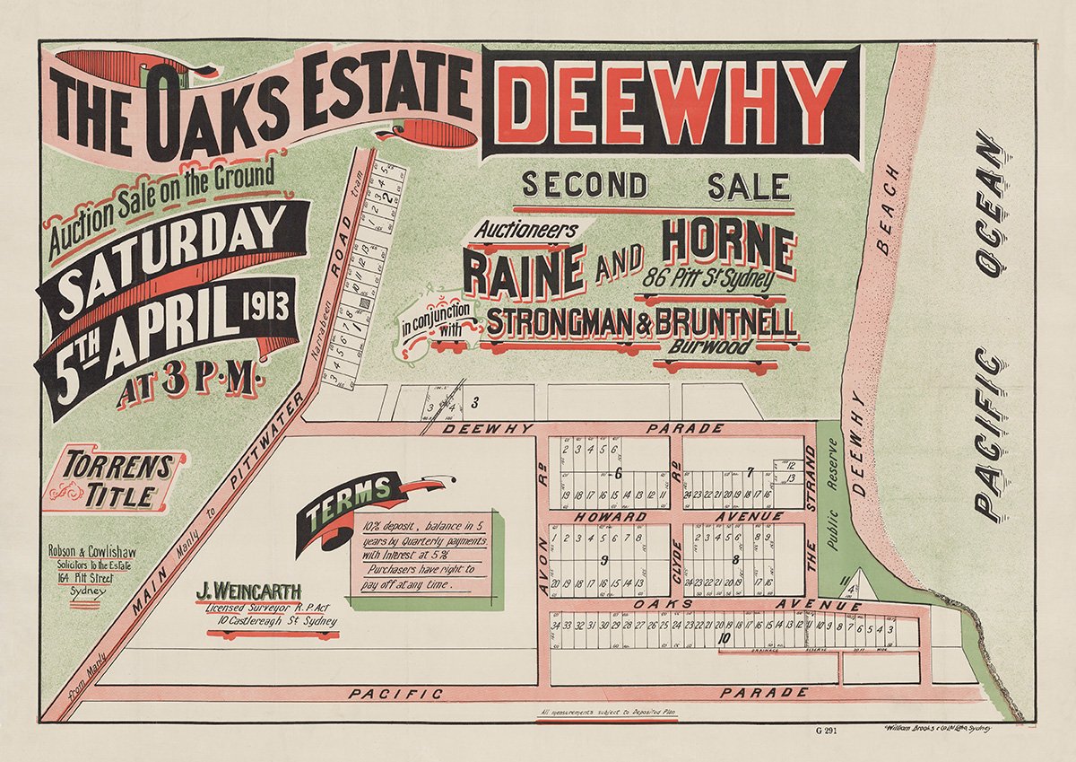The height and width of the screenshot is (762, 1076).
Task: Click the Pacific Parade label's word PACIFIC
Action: click(x=395, y=694)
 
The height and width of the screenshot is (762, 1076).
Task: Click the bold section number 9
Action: click(x=606, y=561)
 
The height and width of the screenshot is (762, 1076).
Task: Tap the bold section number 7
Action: click(x=750, y=472)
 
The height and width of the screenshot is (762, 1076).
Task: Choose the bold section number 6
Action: click(x=619, y=472)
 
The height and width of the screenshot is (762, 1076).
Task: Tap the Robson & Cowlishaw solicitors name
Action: click(x=92, y=554)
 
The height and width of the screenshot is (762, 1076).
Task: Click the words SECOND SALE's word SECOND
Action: click(x=585, y=186)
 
